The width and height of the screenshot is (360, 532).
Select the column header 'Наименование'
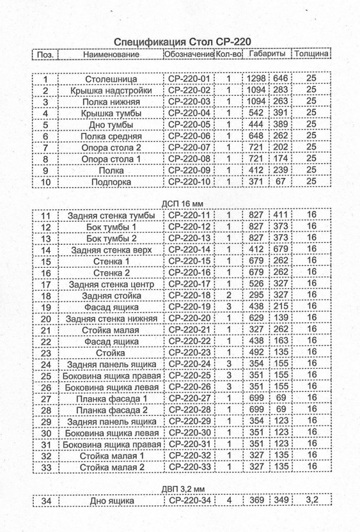(x=111, y=54)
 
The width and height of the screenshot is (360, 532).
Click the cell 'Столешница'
(x=111, y=79)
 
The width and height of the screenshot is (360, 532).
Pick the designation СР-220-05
(x=189, y=125)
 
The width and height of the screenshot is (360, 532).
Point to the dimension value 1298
(x=257, y=79)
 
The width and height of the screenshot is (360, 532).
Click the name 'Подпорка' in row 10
(x=111, y=182)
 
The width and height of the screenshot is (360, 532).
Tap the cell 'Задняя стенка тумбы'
(x=111, y=216)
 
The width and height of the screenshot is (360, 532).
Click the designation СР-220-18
(x=189, y=296)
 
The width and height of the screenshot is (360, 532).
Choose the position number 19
(x=46, y=307)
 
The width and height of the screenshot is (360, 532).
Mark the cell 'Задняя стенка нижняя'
(x=111, y=319)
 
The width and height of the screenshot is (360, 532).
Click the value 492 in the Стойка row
(x=257, y=353)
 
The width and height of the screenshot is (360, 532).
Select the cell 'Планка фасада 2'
(x=111, y=410)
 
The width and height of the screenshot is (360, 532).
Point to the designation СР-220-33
(x=189, y=468)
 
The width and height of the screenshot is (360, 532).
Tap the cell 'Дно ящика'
(x=111, y=501)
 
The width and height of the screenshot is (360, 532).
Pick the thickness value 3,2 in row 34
(x=312, y=501)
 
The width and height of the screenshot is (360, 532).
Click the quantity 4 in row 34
(x=229, y=501)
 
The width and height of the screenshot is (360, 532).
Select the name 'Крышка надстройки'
(x=111, y=90)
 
